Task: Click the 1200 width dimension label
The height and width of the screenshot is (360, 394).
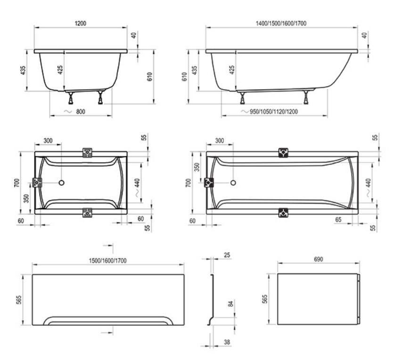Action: (x=81, y=24)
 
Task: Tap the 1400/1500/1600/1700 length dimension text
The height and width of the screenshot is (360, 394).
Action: (x=281, y=24)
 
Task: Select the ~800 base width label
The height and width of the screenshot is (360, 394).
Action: (x=75, y=112)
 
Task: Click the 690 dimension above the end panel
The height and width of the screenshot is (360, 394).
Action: (x=319, y=259)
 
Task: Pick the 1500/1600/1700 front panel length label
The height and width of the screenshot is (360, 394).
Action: (x=108, y=261)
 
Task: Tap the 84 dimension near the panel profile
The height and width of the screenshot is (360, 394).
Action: (x=230, y=304)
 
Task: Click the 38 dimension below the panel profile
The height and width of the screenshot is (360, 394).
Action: (x=227, y=342)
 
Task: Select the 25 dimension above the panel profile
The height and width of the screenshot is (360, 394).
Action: (x=227, y=255)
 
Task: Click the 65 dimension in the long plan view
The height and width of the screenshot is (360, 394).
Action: (x=338, y=220)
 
